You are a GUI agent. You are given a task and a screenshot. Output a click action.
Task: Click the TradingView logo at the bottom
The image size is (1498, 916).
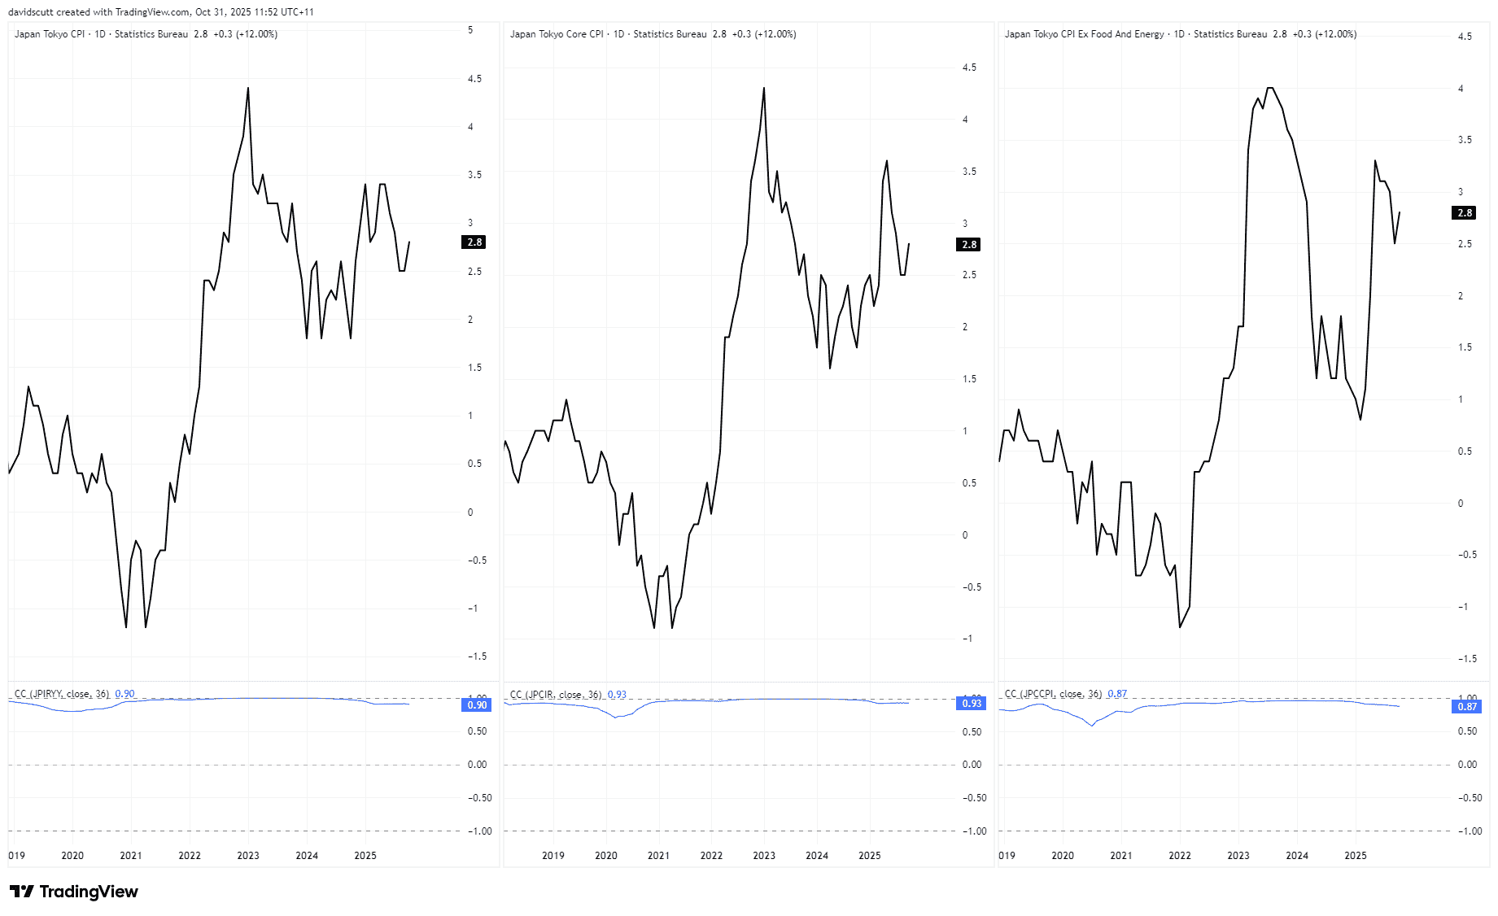point(73,892)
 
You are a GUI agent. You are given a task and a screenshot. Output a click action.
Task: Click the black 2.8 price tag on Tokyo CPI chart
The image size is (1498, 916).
point(474,242)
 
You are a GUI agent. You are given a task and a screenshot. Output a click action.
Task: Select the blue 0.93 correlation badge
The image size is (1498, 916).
point(972,704)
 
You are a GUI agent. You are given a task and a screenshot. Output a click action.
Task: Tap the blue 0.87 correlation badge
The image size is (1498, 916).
point(1466,707)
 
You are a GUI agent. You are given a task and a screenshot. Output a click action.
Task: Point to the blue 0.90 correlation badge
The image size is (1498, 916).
point(477,705)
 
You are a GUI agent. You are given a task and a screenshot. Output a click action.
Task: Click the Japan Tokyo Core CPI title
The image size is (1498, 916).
point(557,34)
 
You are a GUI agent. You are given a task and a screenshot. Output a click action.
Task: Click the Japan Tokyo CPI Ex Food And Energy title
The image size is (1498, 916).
point(1084,34)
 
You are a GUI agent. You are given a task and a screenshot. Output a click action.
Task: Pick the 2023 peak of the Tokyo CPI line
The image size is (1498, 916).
point(248,88)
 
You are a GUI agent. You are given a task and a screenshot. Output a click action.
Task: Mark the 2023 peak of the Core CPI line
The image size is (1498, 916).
point(764,88)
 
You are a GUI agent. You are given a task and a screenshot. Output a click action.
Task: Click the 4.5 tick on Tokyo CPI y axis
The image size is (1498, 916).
point(474,79)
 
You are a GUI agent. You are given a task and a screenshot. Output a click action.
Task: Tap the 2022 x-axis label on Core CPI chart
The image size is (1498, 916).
point(711,856)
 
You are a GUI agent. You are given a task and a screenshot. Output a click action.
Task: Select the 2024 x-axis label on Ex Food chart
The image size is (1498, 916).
point(1297,856)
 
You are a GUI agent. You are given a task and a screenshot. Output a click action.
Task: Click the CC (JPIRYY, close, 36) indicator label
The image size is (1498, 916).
point(62,694)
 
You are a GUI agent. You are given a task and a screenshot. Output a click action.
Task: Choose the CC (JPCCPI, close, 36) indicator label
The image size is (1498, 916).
point(1053,694)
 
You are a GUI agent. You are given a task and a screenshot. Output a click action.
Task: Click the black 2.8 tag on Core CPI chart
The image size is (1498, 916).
point(968,245)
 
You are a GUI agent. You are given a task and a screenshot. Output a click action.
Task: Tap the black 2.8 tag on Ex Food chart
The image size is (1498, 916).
point(1465,213)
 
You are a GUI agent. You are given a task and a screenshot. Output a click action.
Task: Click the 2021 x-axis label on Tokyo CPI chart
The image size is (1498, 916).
point(131,856)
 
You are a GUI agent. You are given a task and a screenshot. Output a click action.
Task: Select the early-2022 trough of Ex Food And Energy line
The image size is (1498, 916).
point(1180,626)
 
